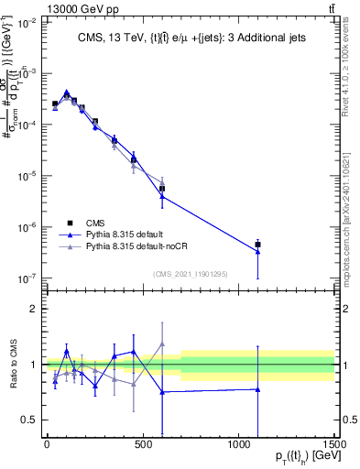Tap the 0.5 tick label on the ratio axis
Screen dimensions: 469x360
29,420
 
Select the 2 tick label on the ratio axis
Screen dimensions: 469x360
33,309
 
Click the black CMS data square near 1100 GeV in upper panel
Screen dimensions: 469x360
257,245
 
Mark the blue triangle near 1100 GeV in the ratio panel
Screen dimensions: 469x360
257,389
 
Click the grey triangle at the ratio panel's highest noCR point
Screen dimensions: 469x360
162,344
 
